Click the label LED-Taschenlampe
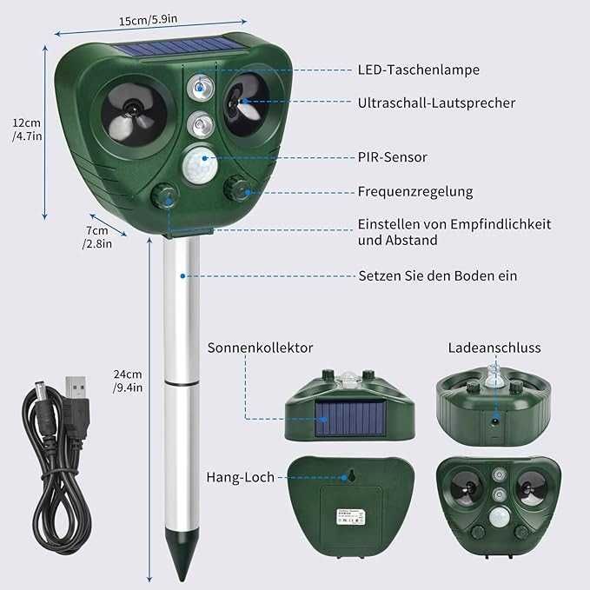(418, 70)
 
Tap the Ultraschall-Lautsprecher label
(436, 103)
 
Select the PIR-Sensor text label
(392, 157)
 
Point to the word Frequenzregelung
(415, 191)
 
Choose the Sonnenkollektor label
(260, 348)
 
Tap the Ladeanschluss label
(494, 348)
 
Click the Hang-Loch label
(240, 477)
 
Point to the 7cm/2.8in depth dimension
(96, 237)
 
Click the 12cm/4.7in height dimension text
(26, 129)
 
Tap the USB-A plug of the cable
(76, 388)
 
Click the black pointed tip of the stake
(182, 566)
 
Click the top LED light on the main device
(201, 87)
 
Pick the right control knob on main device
(236, 188)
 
